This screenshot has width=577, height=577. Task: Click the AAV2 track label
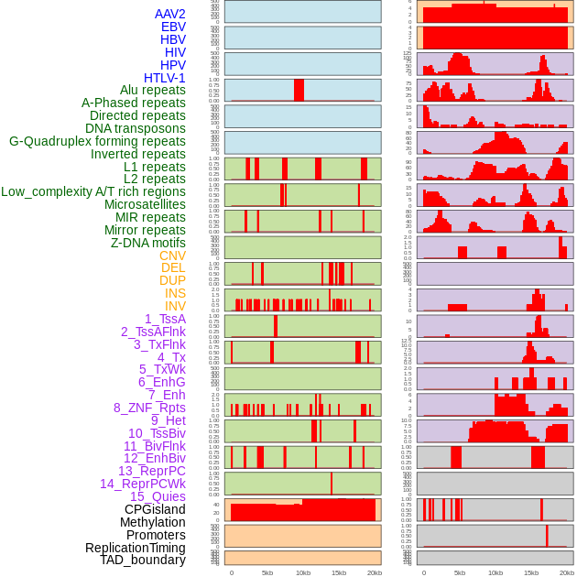(x=169, y=14)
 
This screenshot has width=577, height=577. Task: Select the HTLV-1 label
(x=164, y=78)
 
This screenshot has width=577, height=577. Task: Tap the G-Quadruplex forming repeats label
(x=97, y=142)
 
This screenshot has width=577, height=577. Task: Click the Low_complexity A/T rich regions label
(x=93, y=191)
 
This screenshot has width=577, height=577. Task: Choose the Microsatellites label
(x=145, y=204)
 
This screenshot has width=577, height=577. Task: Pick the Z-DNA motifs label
(x=147, y=243)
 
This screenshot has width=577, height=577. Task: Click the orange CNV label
(x=172, y=256)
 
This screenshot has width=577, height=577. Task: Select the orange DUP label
(x=172, y=280)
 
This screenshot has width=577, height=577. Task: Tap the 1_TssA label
(x=165, y=319)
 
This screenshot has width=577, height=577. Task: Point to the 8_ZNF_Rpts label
(x=149, y=408)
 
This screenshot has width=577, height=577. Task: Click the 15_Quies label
(x=158, y=496)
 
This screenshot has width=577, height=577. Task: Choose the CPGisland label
(x=155, y=509)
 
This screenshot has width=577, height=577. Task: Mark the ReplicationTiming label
(x=136, y=548)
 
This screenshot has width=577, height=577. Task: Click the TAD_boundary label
(x=143, y=560)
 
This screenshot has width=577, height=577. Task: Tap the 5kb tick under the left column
(x=267, y=572)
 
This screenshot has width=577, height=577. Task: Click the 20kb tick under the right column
(x=567, y=572)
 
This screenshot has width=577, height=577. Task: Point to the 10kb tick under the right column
(x=495, y=572)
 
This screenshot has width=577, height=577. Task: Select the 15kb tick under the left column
(x=339, y=572)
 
